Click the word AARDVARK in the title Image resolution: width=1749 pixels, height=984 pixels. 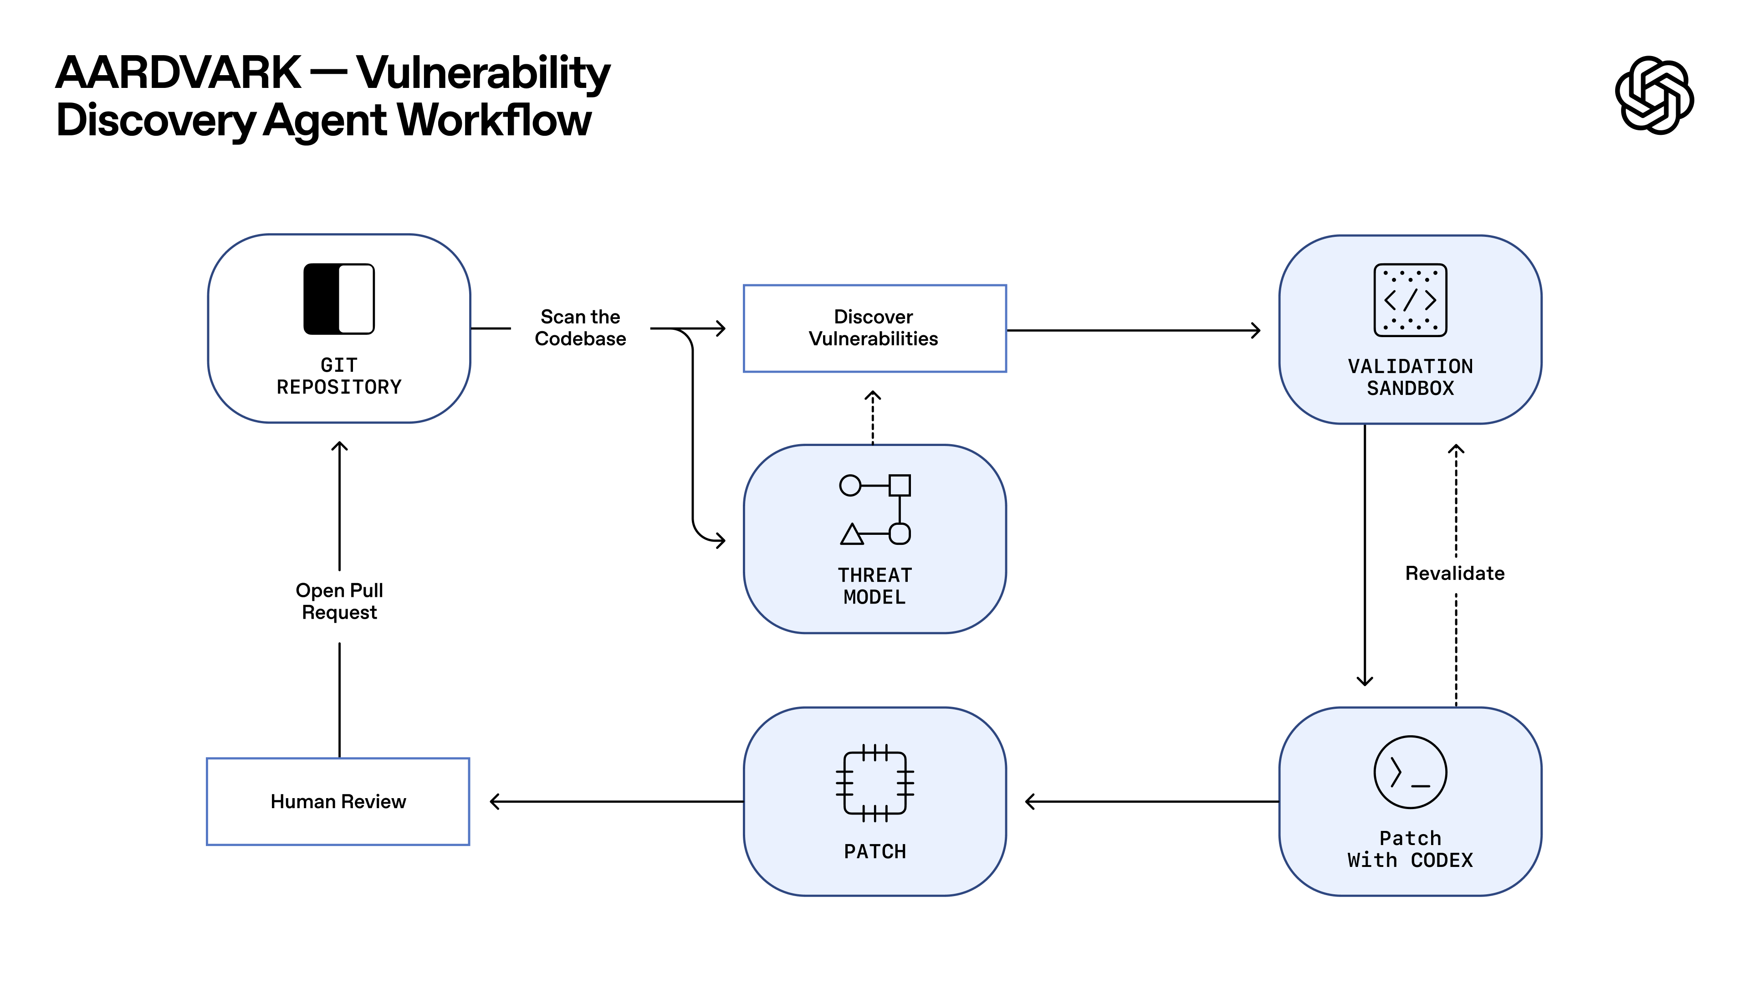pos(178,73)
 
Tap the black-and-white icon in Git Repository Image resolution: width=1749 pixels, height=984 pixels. pos(339,299)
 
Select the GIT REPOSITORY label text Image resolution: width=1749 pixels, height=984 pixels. pos(339,376)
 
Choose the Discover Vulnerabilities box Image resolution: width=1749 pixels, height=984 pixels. pos(874,328)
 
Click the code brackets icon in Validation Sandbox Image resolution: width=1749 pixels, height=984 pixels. pos(1410,299)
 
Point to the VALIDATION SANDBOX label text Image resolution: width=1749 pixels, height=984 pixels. pos(1410,378)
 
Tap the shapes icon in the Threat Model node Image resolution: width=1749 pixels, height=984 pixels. pos(874,509)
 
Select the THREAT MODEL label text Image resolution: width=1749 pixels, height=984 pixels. pos(874,586)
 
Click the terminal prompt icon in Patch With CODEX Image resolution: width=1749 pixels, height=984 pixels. pos(1410,772)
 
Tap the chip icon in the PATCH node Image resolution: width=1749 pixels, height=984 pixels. pos(874,783)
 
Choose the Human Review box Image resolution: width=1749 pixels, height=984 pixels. pos(338,802)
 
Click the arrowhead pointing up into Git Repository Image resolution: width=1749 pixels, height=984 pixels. pos(339,446)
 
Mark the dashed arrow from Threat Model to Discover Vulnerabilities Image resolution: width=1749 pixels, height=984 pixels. pos(873,418)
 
